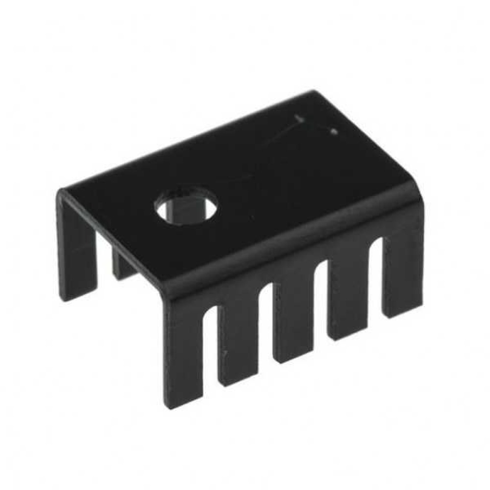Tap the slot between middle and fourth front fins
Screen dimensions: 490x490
click(321, 299)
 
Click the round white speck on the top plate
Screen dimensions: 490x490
click(334, 131)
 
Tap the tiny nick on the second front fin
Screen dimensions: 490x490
click(224, 354)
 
